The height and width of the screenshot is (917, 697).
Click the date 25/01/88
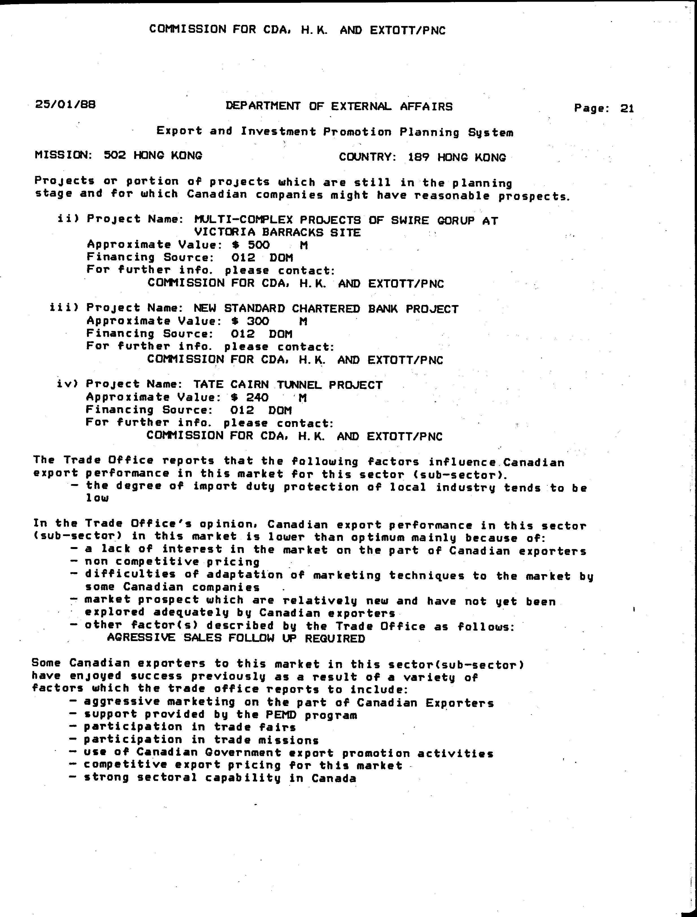point(66,104)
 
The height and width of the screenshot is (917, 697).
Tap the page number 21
point(627,109)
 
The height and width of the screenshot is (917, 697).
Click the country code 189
point(419,158)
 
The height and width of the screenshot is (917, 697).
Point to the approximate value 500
point(258,245)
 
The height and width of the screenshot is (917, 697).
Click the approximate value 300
point(258,321)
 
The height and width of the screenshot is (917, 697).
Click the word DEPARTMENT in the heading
point(263,106)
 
